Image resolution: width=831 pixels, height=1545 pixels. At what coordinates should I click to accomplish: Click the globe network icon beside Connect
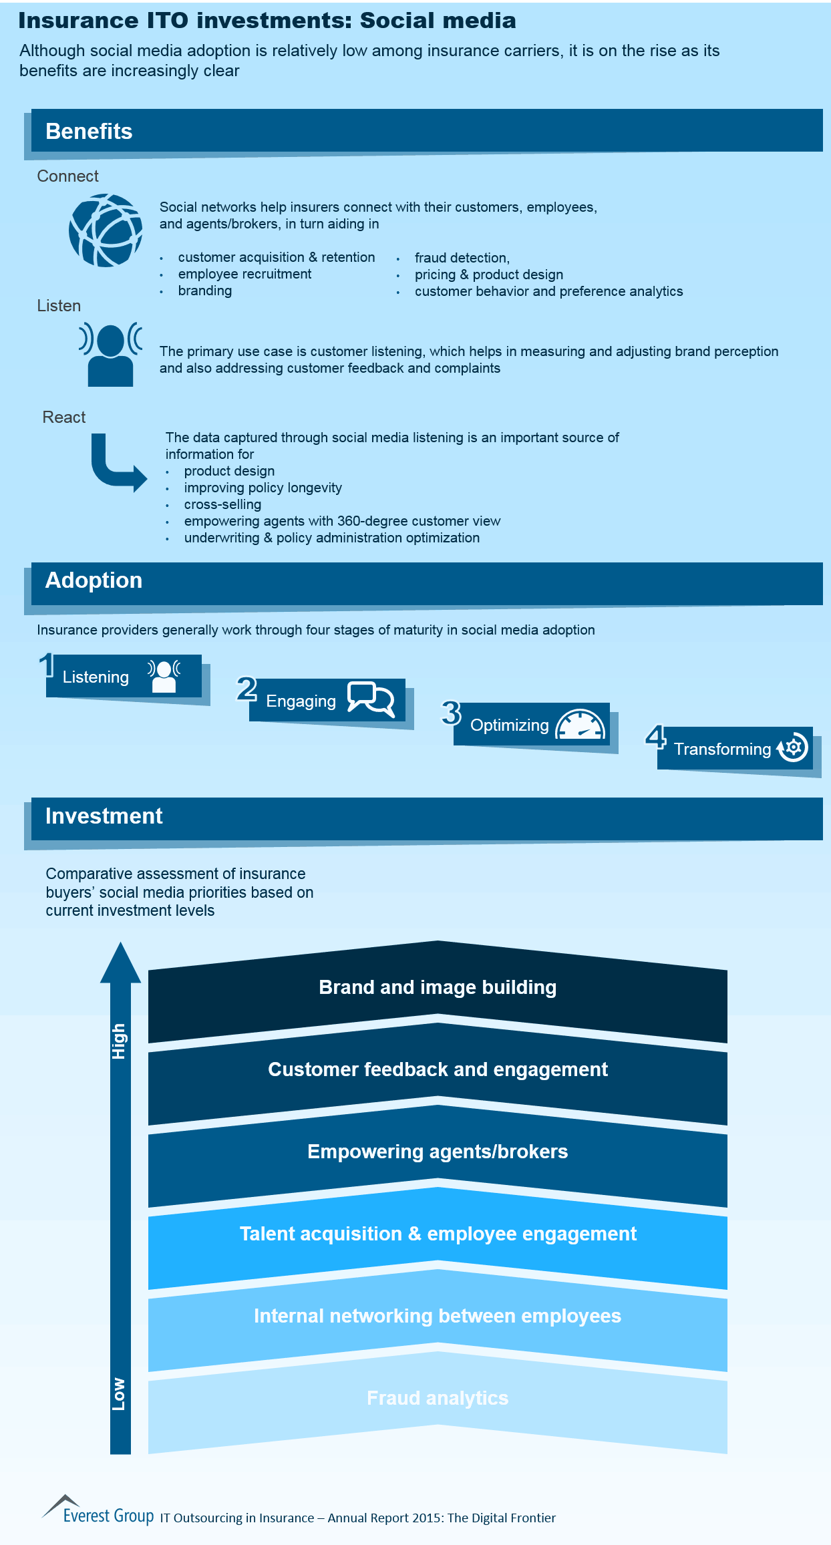pyautogui.click(x=106, y=230)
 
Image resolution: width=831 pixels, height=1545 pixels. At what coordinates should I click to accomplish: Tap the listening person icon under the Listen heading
pyautogui.click(x=110, y=354)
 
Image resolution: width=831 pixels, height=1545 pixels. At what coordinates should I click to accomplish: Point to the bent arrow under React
pyautogui.click(x=118, y=463)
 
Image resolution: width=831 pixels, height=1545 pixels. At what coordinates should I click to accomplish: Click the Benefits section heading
pyautogui.click(x=89, y=132)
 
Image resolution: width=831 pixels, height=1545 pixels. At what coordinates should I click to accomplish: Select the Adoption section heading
pyautogui.click(x=94, y=580)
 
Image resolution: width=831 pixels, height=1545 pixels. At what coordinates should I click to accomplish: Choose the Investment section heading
pyautogui.click(x=104, y=816)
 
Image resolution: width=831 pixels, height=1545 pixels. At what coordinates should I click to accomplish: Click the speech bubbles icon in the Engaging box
pyautogui.click(x=371, y=699)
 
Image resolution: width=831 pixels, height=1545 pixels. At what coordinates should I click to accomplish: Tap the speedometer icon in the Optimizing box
pyautogui.click(x=580, y=724)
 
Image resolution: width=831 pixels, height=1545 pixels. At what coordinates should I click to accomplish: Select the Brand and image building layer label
pyautogui.click(x=438, y=987)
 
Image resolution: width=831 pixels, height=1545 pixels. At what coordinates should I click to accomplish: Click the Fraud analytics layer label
pyautogui.click(x=438, y=1398)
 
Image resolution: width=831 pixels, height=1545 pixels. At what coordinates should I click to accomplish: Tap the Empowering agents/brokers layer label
pyautogui.click(x=438, y=1152)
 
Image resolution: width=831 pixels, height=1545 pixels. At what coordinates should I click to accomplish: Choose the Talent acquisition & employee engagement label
pyautogui.click(x=438, y=1234)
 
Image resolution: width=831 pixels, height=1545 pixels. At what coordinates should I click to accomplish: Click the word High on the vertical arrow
pyautogui.click(x=119, y=1041)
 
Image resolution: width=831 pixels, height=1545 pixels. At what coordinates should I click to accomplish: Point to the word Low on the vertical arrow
pyautogui.click(x=119, y=1393)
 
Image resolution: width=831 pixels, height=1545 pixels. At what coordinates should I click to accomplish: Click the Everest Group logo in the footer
pyautogui.click(x=98, y=1510)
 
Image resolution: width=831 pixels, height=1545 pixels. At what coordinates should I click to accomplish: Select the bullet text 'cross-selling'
pyautogui.click(x=222, y=504)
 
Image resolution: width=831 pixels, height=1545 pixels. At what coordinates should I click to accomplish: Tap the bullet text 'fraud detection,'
pyautogui.click(x=462, y=258)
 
